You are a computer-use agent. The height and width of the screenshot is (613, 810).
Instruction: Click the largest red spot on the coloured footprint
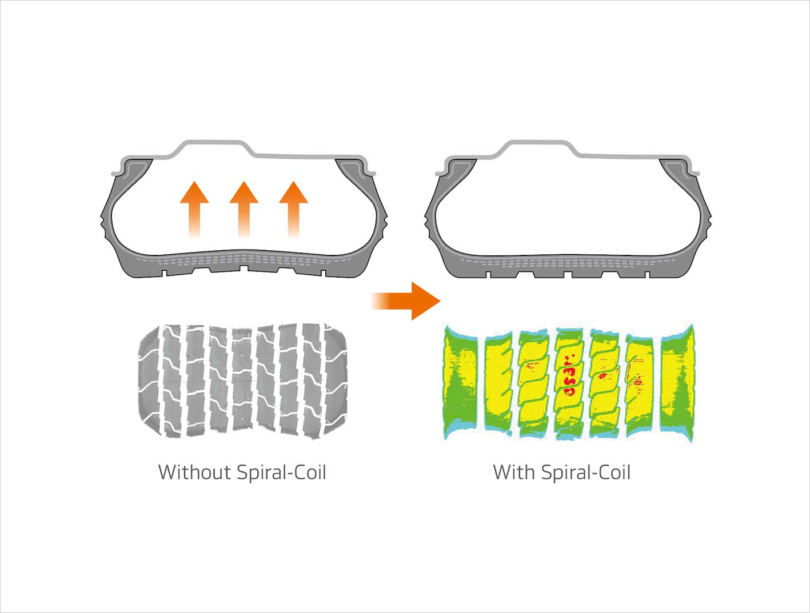pos(569,391)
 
